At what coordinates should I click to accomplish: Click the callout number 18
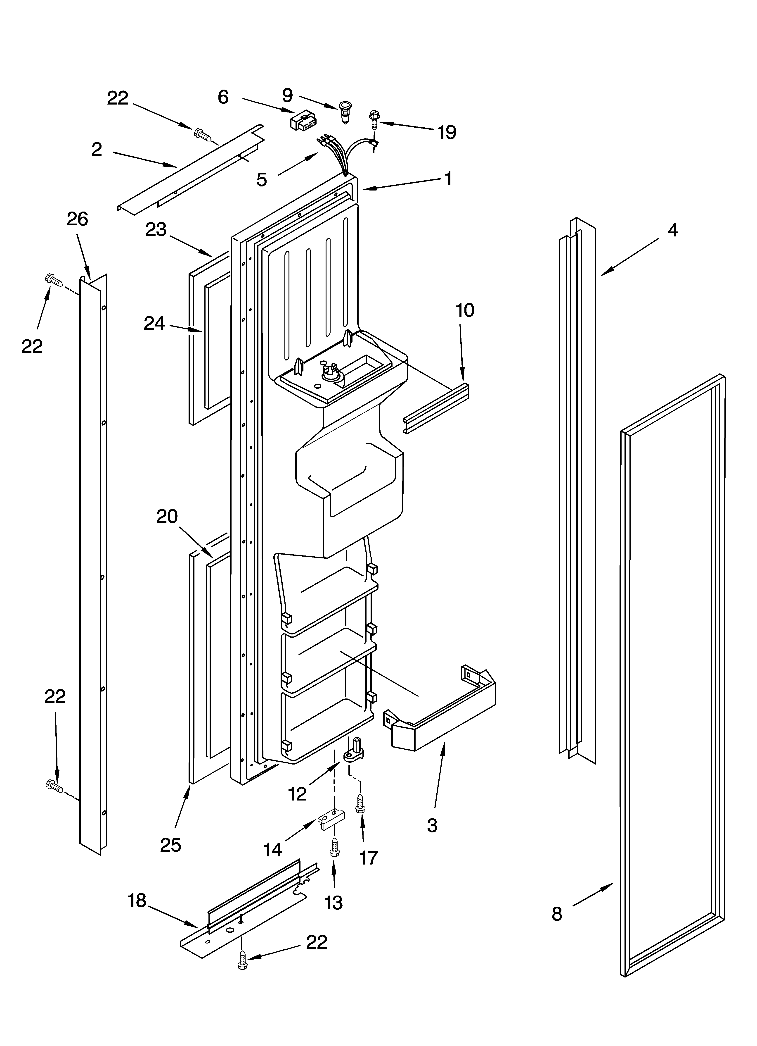point(137,900)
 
